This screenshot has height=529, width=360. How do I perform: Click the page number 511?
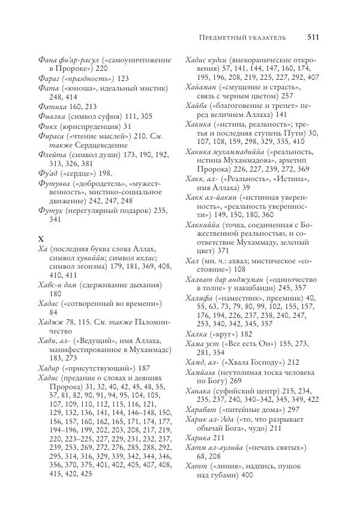point(312,37)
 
